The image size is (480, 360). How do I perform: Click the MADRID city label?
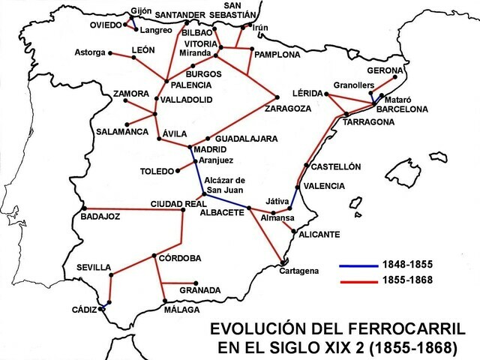pos(211,149)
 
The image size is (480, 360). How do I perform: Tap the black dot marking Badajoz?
pos(85,208)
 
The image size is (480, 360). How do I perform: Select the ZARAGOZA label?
pos(288,108)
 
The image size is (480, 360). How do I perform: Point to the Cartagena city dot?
pos(283,262)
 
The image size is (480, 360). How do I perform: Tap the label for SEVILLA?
pos(94,268)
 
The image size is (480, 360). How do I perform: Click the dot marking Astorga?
pos(110,52)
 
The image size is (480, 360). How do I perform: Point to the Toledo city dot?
pos(177,171)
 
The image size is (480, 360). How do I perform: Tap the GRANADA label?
pos(200,290)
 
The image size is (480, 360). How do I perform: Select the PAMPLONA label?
pos(277,55)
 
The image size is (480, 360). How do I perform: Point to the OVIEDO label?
pos(104,24)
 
